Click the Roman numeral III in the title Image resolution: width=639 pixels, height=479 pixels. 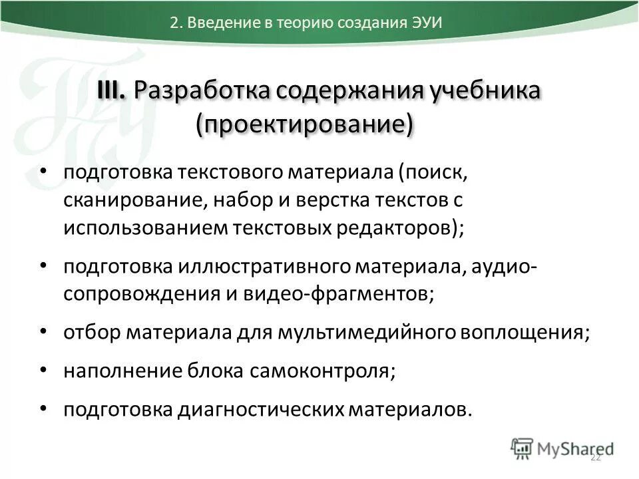[x=111, y=91]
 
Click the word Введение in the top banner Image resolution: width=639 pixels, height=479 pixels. [x=218, y=21]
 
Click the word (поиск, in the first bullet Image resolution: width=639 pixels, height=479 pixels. [x=429, y=172]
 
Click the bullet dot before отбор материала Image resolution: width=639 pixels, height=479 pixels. [x=43, y=331]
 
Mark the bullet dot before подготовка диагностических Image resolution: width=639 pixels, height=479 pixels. [x=43, y=408]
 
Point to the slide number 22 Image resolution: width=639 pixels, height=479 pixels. [x=596, y=457]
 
